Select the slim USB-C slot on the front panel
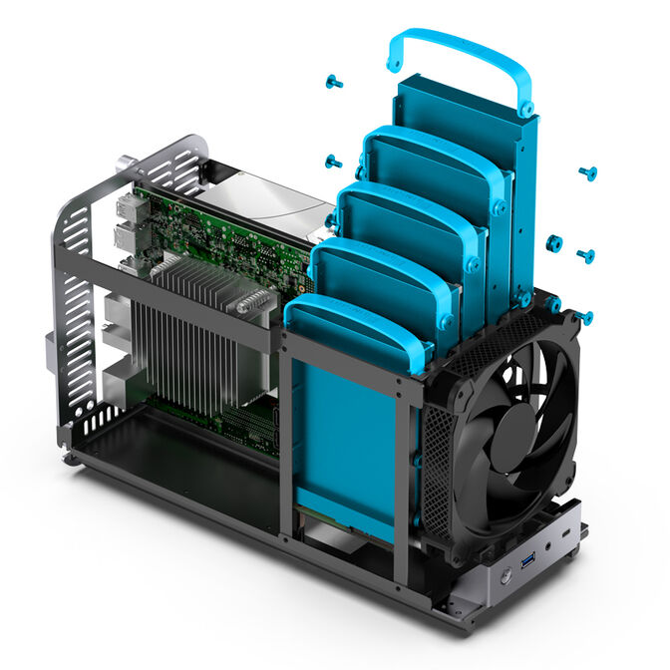pyautogui.click(x=566, y=536)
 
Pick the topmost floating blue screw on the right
pyautogui.click(x=587, y=173)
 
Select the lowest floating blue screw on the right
pyautogui.click(x=585, y=318)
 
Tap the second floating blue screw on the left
pyautogui.click(x=333, y=161)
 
